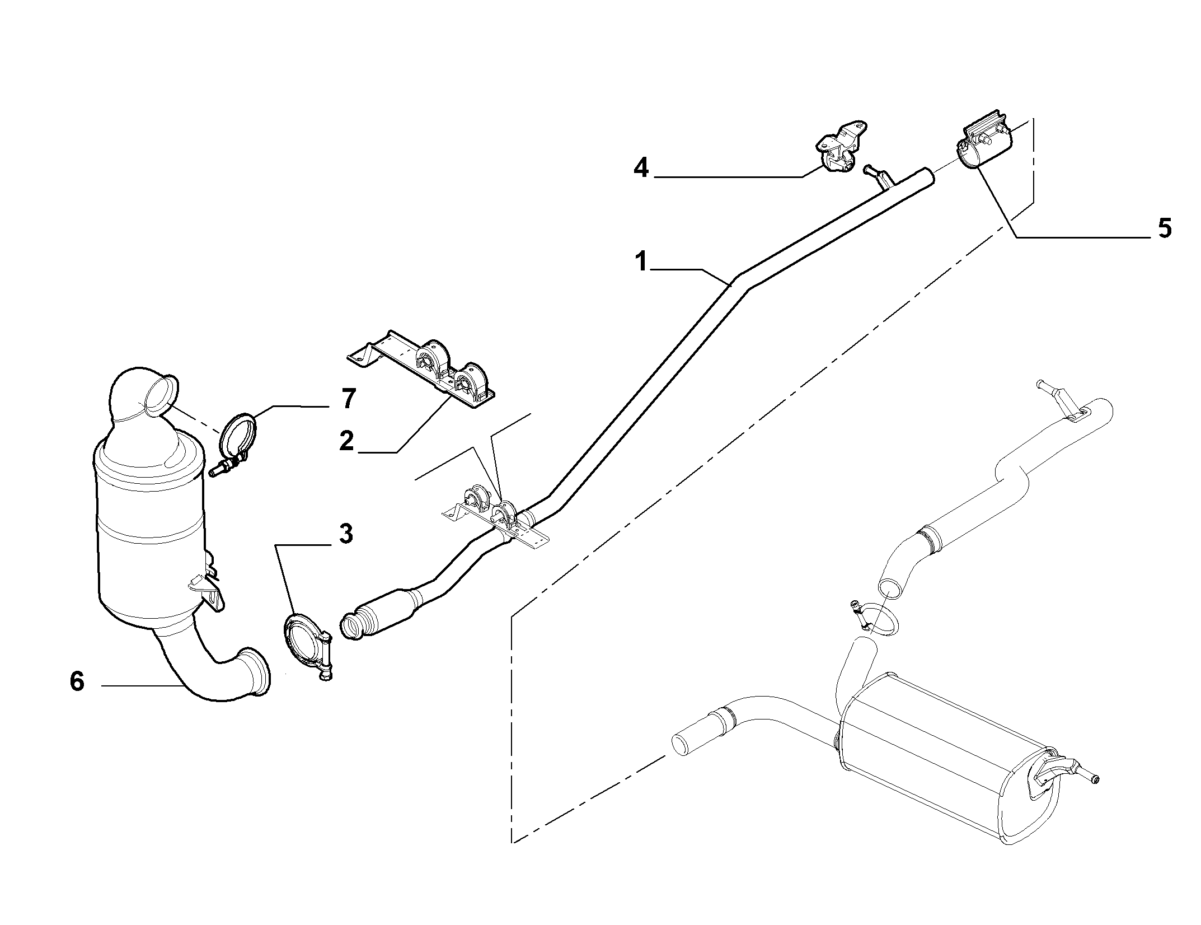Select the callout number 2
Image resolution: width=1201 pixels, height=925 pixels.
[347, 440]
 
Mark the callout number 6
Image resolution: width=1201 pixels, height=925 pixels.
[77, 681]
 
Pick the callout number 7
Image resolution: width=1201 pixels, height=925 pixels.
[348, 399]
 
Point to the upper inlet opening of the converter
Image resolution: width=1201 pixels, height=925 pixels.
[159, 398]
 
